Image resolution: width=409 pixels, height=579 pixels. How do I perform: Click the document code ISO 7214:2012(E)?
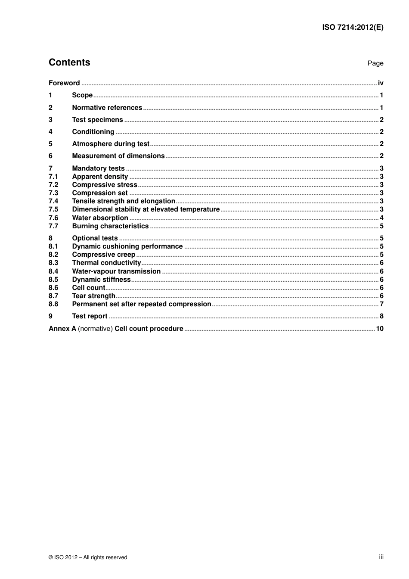pos(353,27)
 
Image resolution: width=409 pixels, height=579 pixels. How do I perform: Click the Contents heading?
pos(69,62)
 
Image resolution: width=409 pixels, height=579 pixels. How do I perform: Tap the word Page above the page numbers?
pos(375,63)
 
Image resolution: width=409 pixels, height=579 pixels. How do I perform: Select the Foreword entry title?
pos(64,83)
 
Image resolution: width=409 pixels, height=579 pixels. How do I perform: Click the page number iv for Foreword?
pos(381,83)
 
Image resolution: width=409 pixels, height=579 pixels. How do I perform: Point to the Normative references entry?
pos(107,108)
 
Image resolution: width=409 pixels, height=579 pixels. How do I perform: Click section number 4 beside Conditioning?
pos(50,132)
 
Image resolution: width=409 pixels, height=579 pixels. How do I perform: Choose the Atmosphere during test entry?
pos(111,144)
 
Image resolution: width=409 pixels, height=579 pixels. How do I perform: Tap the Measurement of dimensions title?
pos(118,156)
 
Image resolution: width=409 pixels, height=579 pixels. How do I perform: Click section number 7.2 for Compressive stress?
pos(53,185)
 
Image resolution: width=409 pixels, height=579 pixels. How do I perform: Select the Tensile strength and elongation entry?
pos(124,201)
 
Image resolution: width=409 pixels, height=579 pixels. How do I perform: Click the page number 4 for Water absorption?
pos(381,218)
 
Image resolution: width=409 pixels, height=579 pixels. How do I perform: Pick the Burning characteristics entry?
pos(110,226)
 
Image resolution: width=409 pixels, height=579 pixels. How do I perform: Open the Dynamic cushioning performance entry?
pos(127,246)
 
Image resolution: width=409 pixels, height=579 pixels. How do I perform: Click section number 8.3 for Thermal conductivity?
pos(53,263)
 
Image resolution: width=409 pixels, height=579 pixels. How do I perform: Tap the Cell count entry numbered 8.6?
pos(89,288)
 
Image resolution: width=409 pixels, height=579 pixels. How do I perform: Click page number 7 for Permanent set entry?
pos(381,304)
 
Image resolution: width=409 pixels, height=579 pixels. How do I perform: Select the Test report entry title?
pos(90,316)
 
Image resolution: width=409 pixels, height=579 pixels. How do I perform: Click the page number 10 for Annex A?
pos(380,329)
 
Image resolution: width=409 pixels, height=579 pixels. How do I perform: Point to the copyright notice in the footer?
pos(88,557)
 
